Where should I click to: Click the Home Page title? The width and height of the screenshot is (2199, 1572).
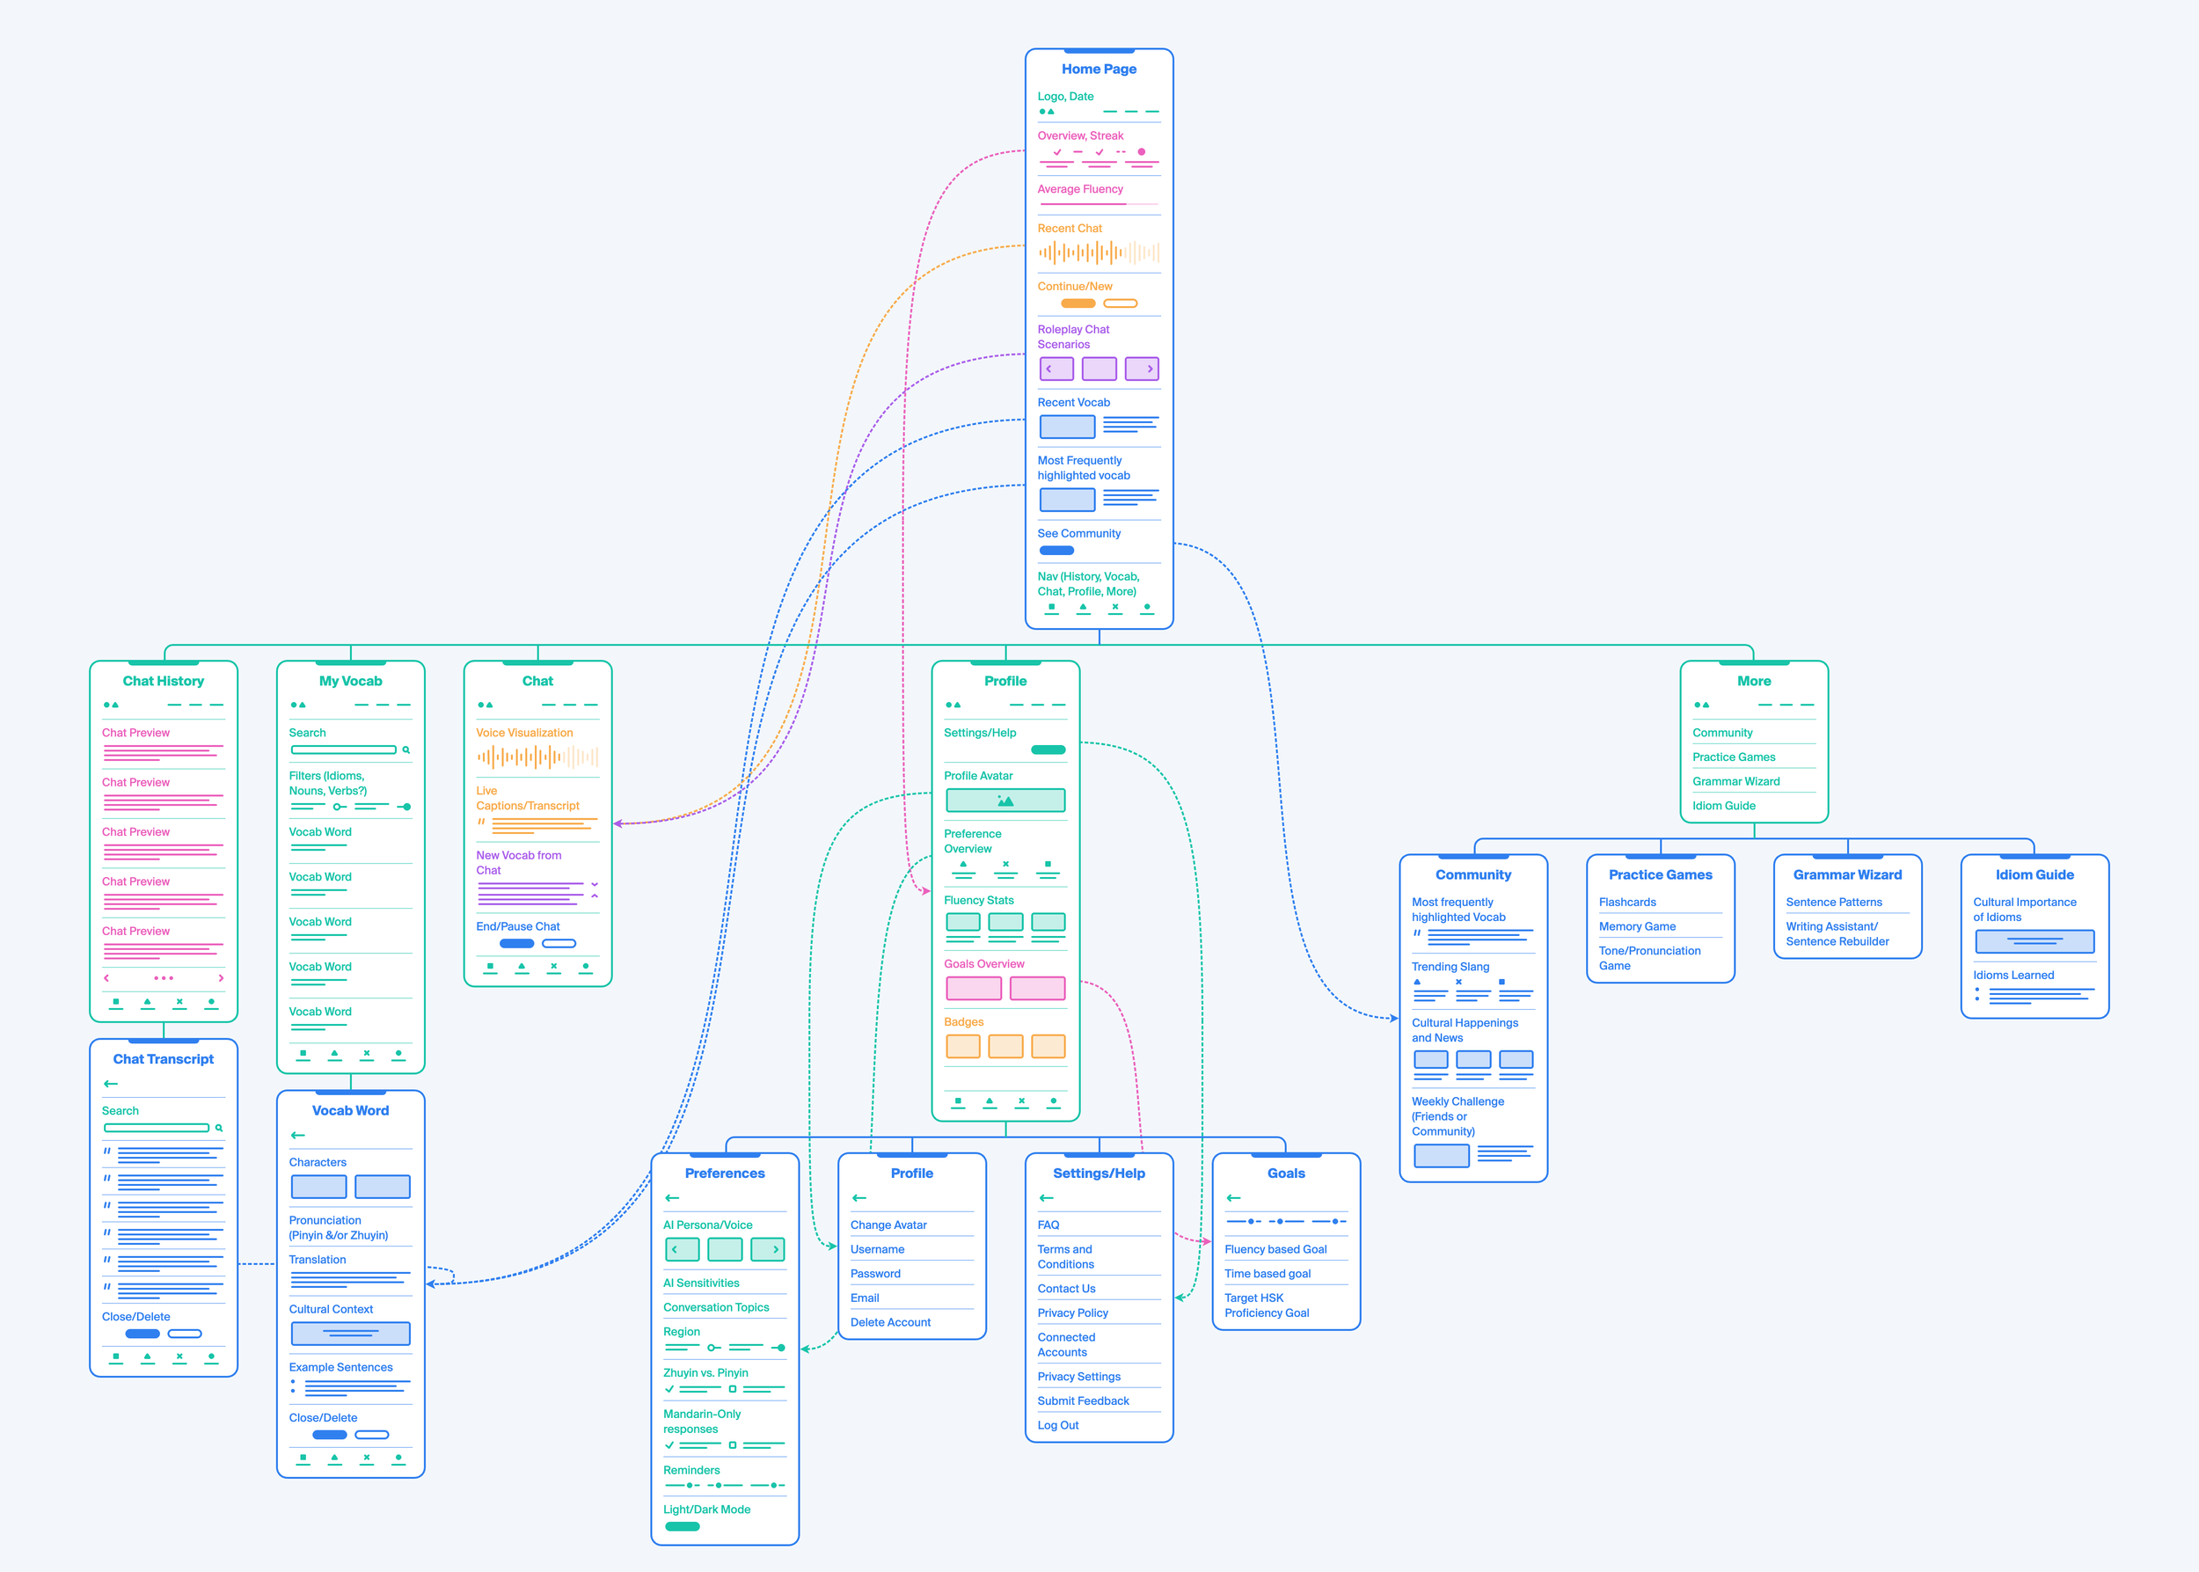tap(1099, 69)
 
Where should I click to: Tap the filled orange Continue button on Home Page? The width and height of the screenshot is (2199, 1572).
tap(1078, 303)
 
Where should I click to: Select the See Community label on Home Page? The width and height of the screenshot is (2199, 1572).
tap(1078, 533)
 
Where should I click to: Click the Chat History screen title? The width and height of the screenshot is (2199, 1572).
tap(163, 681)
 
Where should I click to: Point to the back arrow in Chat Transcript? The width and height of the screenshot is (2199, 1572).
tap(110, 1084)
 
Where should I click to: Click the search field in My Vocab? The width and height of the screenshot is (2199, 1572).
tap(344, 750)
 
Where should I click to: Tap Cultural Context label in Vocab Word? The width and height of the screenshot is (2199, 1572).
tap(330, 1309)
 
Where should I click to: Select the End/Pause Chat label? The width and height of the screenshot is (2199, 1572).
tap(517, 926)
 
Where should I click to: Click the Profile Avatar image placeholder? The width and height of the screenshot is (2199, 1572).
tap(1005, 801)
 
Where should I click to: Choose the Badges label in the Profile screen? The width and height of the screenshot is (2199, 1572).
tap(963, 1022)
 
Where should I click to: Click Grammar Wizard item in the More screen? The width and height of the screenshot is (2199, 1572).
tap(1735, 781)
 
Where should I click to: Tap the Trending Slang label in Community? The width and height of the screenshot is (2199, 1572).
tap(1450, 967)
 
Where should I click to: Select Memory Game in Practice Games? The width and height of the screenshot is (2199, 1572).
tap(1637, 926)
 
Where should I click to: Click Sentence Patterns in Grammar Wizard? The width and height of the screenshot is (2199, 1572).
tap(1833, 903)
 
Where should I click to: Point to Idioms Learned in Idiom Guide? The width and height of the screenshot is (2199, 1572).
tap(2013, 975)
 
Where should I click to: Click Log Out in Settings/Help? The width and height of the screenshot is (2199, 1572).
tap(1058, 1425)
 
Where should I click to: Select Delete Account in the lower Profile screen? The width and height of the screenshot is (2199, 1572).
tap(889, 1322)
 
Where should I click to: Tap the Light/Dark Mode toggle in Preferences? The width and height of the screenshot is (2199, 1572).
tap(682, 1526)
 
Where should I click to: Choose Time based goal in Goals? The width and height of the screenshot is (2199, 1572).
tap(1267, 1274)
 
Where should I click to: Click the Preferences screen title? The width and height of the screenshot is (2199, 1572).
tap(724, 1174)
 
